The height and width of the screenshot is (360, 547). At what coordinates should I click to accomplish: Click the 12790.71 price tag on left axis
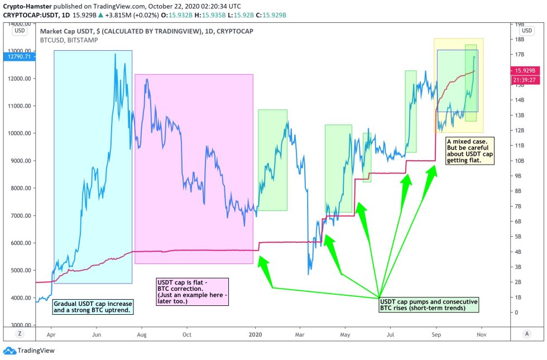click(x=18, y=56)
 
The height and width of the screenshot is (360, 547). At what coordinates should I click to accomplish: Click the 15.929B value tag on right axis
click(x=525, y=71)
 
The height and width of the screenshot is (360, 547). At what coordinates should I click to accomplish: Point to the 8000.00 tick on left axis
click(x=21, y=188)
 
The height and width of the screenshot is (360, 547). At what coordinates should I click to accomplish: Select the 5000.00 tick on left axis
click(x=21, y=270)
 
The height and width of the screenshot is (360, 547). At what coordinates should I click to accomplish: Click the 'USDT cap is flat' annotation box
click(x=192, y=291)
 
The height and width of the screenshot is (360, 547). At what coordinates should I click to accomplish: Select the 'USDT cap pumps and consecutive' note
click(x=428, y=304)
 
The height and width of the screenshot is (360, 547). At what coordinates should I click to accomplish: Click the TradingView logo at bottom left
click(x=28, y=351)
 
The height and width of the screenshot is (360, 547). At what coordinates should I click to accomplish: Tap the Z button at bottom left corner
click(x=19, y=333)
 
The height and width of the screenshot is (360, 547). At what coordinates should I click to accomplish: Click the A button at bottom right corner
click(x=526, y=333)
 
